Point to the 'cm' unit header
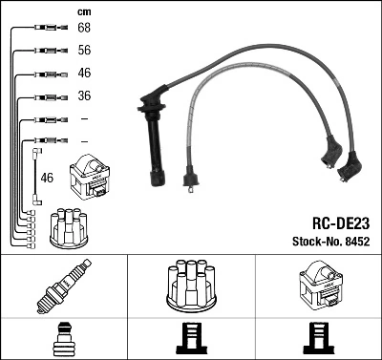[83, 11]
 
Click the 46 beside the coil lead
[47, 178]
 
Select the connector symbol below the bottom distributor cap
[191, 339]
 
